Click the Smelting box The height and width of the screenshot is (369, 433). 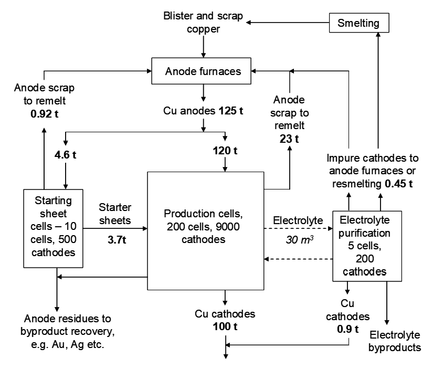click(360, 23)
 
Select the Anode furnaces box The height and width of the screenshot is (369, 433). click(204, 71)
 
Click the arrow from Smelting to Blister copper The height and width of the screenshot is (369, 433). click(288, 23)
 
